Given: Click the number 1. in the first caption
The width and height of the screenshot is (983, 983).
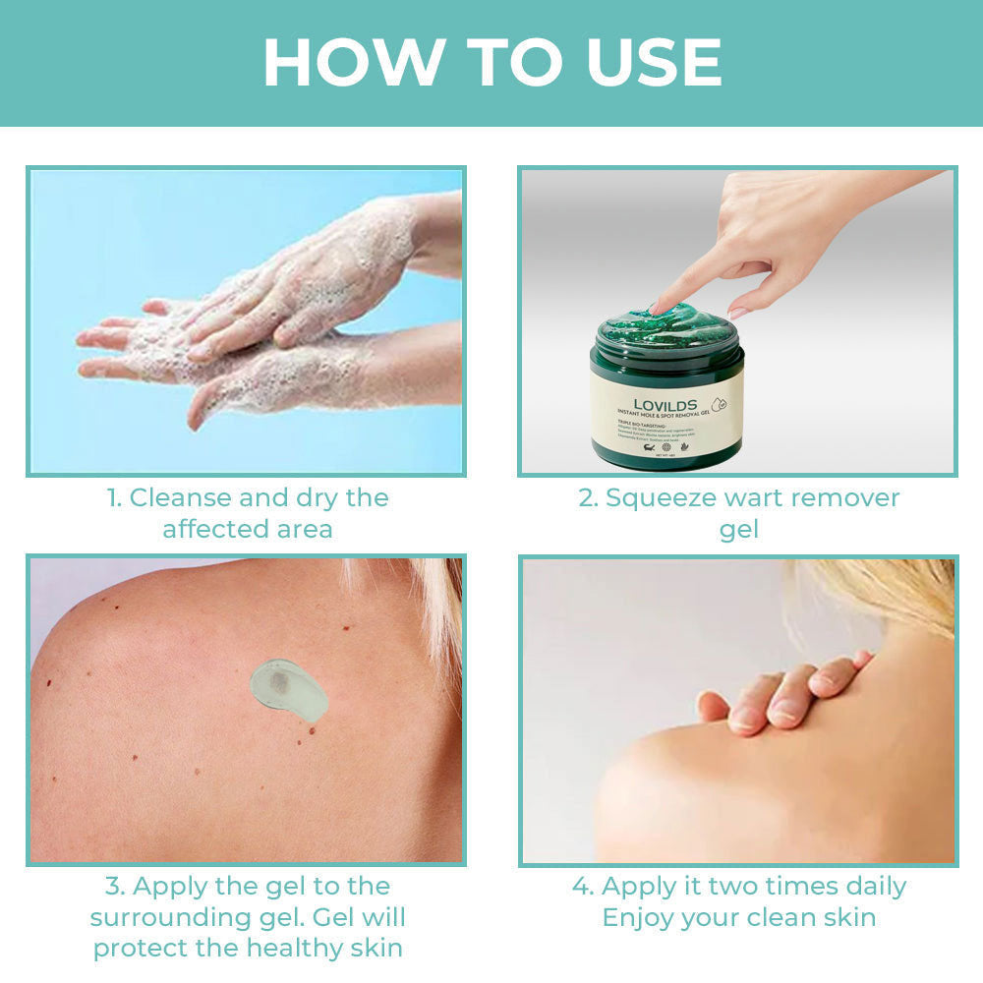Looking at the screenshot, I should point(114,497).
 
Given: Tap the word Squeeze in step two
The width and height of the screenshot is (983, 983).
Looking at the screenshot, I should point(661,497).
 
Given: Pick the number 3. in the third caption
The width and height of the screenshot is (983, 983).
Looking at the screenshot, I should point(115,886).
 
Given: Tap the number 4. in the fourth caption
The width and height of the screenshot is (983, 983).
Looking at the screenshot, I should point(583,886).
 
